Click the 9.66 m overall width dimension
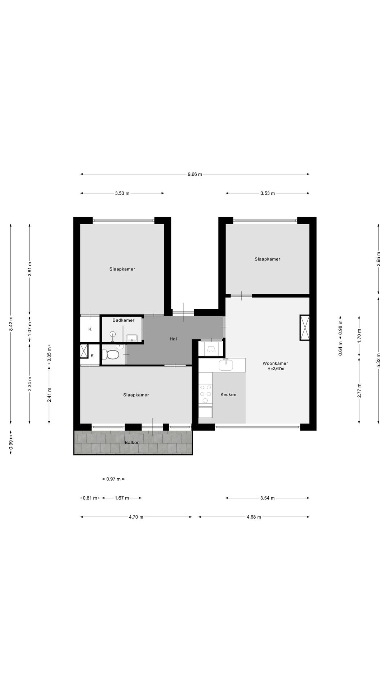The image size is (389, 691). click(195, 174)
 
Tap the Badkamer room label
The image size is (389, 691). click(124, 320)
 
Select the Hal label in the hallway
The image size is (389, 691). click(173, 339)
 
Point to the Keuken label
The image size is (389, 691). click(228, 395)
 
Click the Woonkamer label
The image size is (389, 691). click(276, 363)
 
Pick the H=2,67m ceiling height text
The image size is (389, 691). click(276, 369)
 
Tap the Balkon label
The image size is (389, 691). click(132, 442)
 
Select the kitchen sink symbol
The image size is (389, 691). click(226, 365)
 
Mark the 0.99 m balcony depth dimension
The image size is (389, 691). click(11, 442)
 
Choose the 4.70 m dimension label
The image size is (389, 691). click(136, 517)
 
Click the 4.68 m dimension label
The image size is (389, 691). click(254, 517)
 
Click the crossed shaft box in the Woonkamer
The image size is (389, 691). click(305, 328)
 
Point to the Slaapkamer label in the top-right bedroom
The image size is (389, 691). click(267, 259)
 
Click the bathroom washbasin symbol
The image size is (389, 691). click(132, 338)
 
